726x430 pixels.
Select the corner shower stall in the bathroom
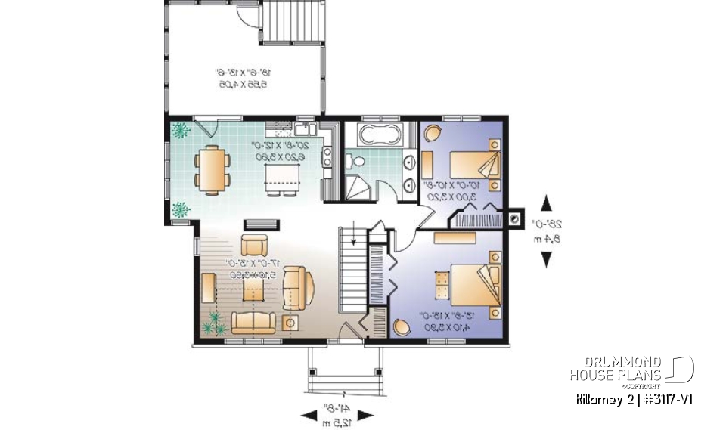[358, 187]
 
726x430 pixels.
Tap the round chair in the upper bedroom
[433, 134]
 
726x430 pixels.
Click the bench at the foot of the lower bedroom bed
[440, 288]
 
